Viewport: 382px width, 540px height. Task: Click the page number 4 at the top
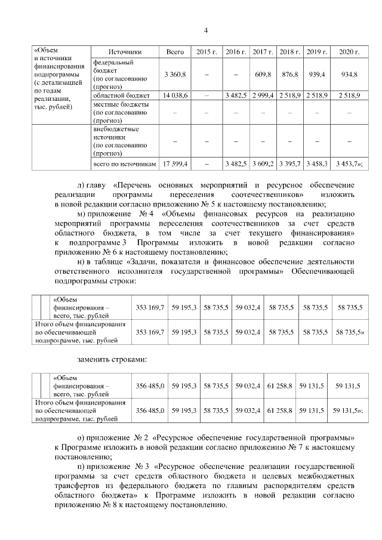(x=205, y=30)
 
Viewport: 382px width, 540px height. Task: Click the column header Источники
(x=125, y=53)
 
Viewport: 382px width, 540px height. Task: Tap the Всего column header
(x=175, y=53)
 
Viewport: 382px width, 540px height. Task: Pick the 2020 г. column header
(x=349, y=53)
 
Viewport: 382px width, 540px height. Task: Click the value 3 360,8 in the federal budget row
(x=175, y=74)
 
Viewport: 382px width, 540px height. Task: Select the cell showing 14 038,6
(x=175, y=95)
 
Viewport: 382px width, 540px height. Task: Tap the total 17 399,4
(x=175, y=162)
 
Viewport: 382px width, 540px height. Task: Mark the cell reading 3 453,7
(x=348, y=162)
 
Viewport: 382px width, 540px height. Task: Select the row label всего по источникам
(x=125, y=162)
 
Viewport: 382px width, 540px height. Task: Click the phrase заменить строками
(x=112, y=360)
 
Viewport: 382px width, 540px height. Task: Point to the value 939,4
(x=315, y=74)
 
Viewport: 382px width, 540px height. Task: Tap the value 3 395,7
(x=289, y=162)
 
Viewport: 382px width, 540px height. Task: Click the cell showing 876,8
(x=289, y=74)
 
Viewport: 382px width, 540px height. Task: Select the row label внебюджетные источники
(x=116, y=132)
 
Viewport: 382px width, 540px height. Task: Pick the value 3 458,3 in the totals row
(x=315, y=162)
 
